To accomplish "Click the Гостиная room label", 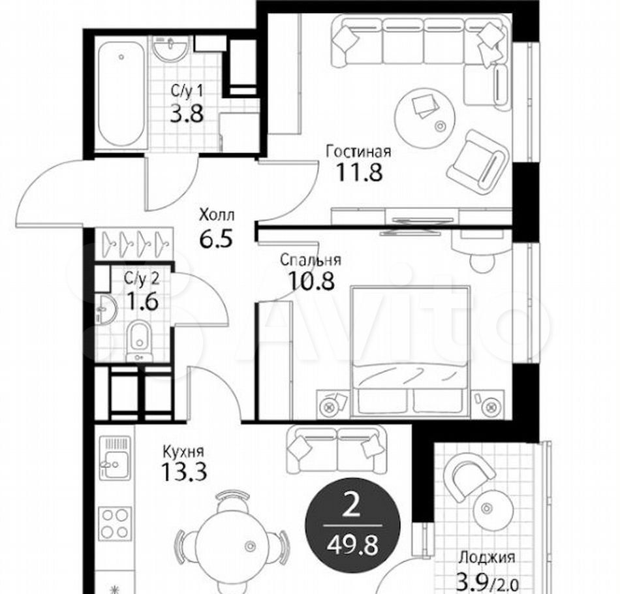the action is coord(358,151).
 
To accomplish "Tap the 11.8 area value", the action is coord(359,172).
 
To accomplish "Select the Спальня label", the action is coord(311,260).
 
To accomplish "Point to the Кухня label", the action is coord(183,452).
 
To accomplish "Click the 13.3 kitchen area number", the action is coord(184,472).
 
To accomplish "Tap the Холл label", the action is coord(217,215).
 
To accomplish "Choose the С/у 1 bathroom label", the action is coord(187,92).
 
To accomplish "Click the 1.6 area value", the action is coord(142,302).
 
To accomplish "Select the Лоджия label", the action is coord(487,558).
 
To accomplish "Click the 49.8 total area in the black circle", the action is coord(352,546).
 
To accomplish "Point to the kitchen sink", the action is coord(115,458).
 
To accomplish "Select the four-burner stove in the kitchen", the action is coord(115,523).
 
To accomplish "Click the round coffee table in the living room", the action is coord(426,117).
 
